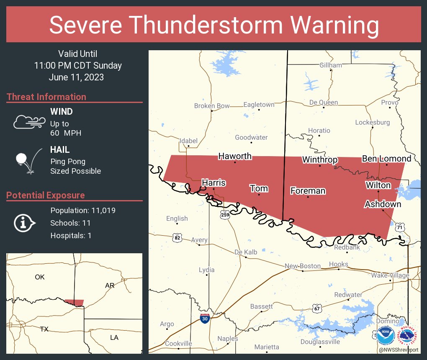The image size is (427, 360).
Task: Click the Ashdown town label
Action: click(383, 204)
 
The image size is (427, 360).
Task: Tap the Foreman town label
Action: click(308, 191)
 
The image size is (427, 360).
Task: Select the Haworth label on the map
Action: click(235, 156)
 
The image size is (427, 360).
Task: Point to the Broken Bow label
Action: click(212, 106)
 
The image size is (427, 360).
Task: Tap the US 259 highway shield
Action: click(225, 215)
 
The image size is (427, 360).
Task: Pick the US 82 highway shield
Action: click(177, 238)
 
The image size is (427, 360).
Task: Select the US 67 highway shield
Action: click(317, 309)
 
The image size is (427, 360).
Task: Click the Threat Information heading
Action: click(46, 97)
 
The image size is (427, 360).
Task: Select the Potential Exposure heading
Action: click(46, 195)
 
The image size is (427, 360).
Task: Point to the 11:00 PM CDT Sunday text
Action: click(78, 66)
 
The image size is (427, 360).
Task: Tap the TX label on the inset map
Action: click(44, 329)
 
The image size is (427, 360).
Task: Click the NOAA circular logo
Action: click(385, 336)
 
